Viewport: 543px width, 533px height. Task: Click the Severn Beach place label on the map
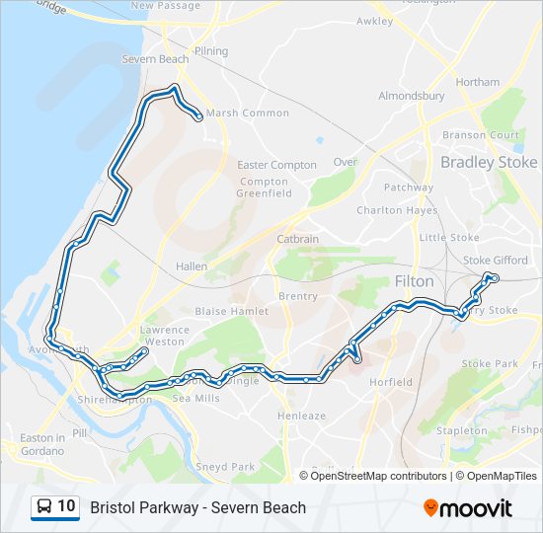(155, 59)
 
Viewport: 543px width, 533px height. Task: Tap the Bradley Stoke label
(489, 162)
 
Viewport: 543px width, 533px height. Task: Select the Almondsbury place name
(411, 97)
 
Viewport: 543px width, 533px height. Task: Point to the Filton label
(414, 281)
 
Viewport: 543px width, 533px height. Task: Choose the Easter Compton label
(277, 165)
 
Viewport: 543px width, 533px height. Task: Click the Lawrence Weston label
(164, 336)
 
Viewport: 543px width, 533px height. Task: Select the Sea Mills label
(195, 398)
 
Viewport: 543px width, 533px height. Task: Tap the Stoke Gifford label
(495, 261)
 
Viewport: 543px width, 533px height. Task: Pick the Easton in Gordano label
(41, 444)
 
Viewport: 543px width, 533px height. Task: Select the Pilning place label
(211, 51)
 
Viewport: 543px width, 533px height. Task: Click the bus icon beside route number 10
(44, 507)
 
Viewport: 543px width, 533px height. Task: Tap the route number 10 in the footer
(66, 507)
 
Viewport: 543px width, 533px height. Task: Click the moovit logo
(468, 508)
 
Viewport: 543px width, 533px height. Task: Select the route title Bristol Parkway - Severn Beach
(198, 507)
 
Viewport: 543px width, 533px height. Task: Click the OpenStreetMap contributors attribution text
(378, 476)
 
